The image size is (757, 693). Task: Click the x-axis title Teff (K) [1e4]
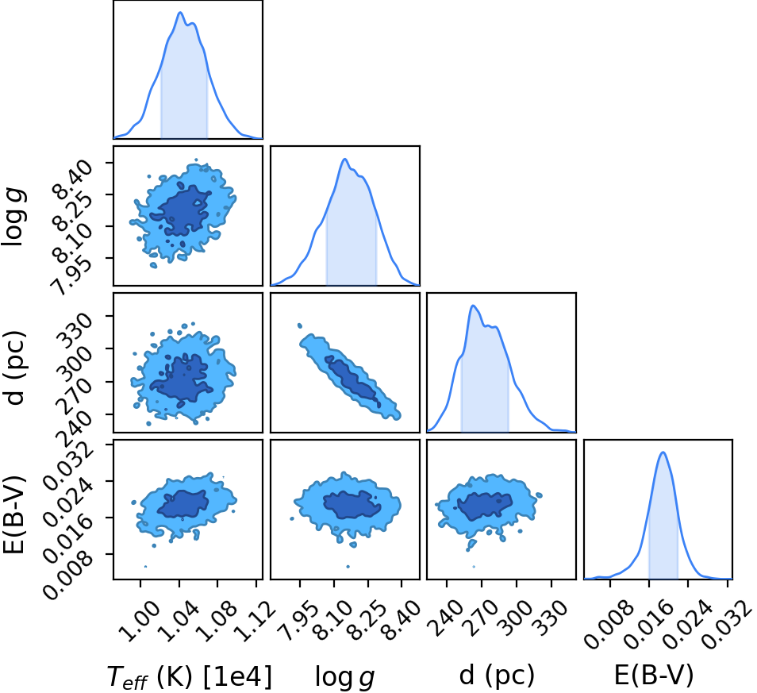point(190,676)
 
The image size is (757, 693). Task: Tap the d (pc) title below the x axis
point(497,675)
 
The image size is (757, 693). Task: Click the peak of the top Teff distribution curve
point(180,12)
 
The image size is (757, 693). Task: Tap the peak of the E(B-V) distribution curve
point(663,452)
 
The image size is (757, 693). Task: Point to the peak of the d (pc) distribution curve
point(473,305)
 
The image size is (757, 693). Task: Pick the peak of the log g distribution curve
point(344,159)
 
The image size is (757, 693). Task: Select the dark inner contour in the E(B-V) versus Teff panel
point(183,504)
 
